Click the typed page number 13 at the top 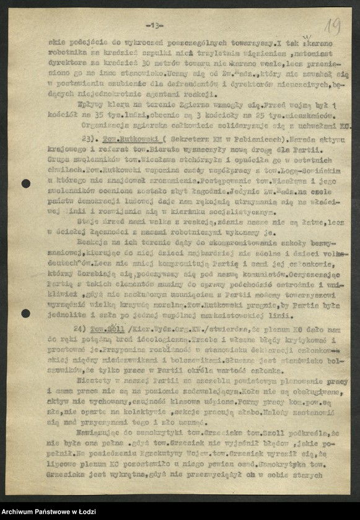tap(154, 25)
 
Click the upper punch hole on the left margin tap(25, 183)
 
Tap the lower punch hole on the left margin tap(25, 313)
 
